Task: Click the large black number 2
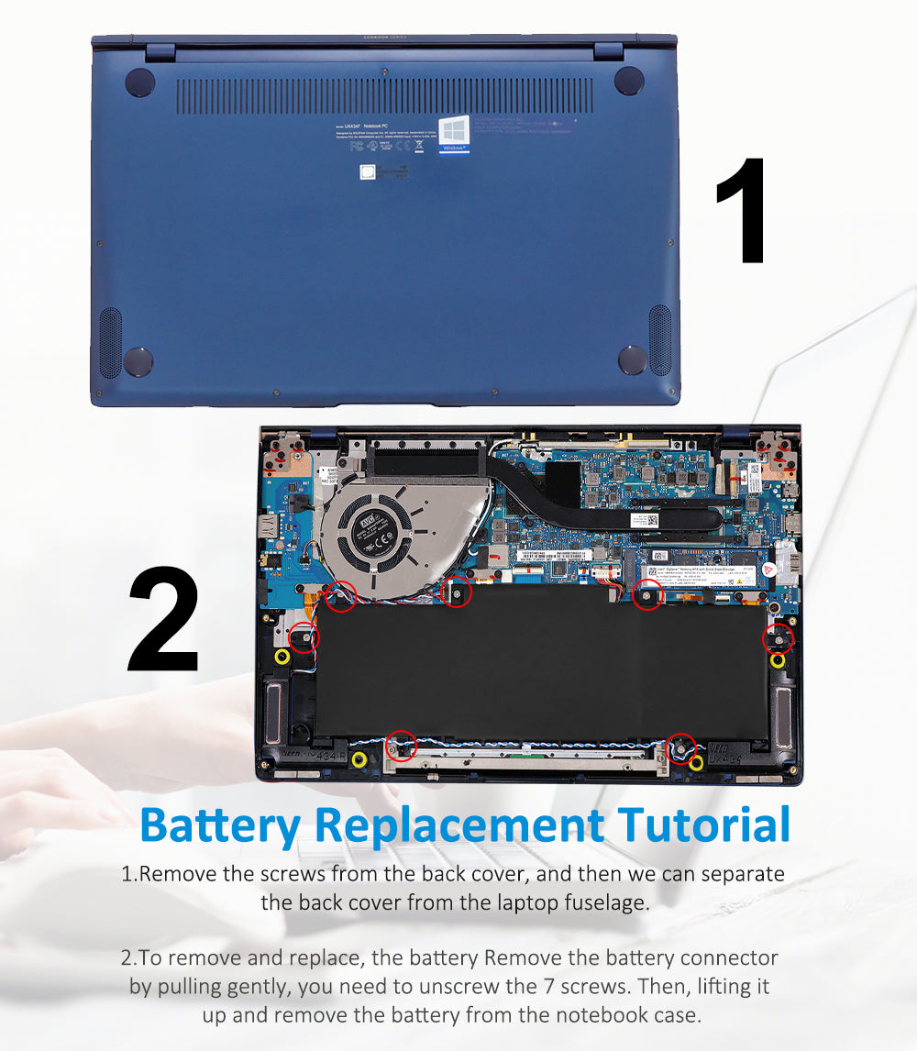pos(164,621)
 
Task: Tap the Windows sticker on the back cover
pos(454,134)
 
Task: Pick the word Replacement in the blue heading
pos(460,824)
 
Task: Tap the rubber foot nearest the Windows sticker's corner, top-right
pos(629,81)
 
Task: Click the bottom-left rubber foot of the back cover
pos(138,360)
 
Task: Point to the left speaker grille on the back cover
pos(110,341)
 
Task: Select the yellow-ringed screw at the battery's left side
pos(282,657)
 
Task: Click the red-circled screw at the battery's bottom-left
pos(402,745)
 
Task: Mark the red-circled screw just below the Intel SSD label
pos(647,596)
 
